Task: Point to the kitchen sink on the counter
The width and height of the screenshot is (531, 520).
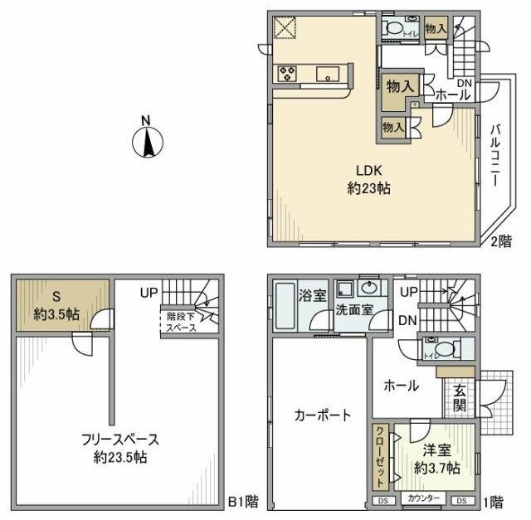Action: pos(328,75)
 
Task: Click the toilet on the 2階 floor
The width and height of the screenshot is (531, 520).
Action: pos(397,31)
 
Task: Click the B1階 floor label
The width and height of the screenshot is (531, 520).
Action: pos(242,500)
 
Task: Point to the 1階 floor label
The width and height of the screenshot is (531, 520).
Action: pos(495,500)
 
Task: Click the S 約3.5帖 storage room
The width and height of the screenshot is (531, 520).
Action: pos(57,306)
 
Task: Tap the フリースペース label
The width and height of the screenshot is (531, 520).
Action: pos(120,440)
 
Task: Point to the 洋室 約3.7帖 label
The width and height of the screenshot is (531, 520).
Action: pos(437,459)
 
